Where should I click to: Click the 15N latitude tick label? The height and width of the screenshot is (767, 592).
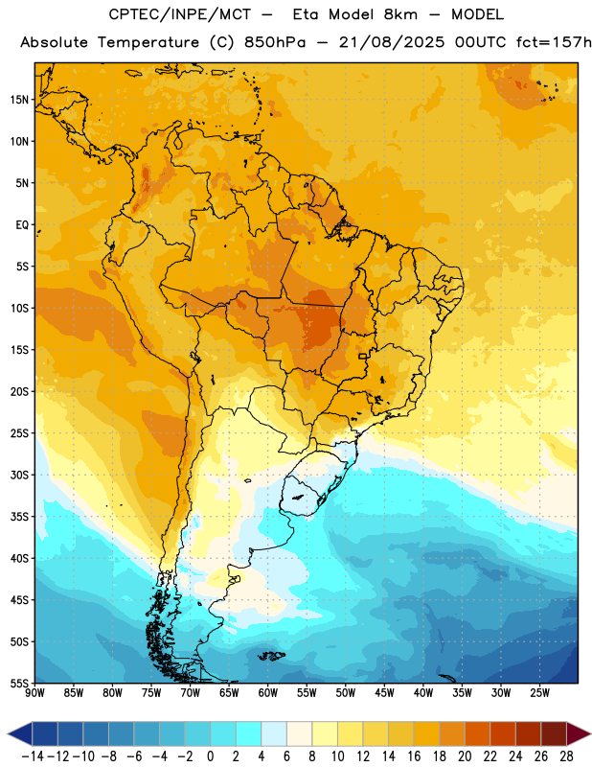tap(19, 100)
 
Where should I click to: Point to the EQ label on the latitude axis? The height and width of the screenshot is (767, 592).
tap(22, 225)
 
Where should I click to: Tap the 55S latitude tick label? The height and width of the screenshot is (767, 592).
tap(19, 683)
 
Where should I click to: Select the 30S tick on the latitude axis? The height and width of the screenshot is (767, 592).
tap(19, 475)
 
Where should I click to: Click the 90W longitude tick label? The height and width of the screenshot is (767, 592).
tap(34, 692)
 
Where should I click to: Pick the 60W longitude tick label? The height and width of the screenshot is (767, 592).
tap(268, 692)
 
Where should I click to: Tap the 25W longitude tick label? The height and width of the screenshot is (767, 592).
tap(539, 692)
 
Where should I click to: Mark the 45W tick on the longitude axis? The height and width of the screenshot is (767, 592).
tap(384, 692)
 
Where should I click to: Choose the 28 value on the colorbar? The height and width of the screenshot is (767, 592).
tap(566, 756)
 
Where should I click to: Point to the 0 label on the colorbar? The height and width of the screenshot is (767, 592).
tap(210, 756)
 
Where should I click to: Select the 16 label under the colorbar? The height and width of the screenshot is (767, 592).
tap(414, 756)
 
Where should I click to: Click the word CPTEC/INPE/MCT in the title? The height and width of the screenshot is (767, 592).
tap(180, 14)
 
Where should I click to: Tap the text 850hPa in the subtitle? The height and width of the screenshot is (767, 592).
tap(275, 42)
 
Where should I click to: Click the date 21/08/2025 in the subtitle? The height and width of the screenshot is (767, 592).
tap(392, 42)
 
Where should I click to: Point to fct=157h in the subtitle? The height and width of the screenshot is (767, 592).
tap(554, 42)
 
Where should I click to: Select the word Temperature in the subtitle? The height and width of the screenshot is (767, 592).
tap(148, 43)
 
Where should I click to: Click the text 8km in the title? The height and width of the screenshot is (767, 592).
tap(400, 14)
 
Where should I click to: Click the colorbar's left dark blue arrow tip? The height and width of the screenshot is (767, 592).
tap(9, 734)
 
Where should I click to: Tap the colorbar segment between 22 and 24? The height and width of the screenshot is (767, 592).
tap(504, 734)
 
